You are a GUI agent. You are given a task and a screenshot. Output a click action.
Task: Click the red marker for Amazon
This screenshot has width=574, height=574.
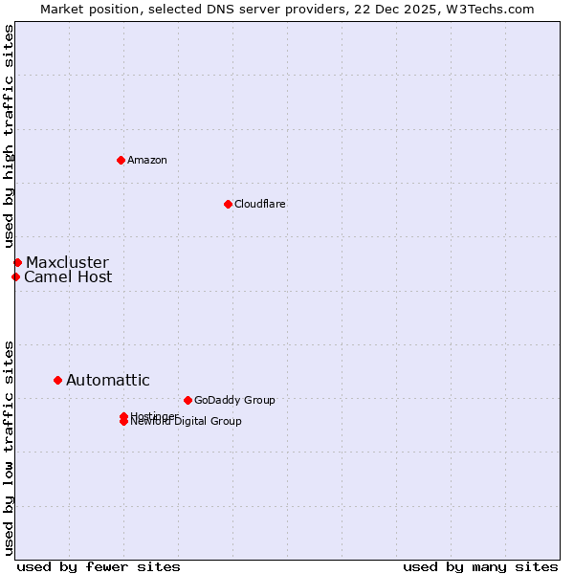tap(121, 160)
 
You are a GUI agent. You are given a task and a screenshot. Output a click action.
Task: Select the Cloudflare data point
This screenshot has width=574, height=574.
tap(228, 204)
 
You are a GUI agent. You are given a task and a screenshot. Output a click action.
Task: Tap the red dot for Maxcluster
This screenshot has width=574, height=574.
tap(17, 262)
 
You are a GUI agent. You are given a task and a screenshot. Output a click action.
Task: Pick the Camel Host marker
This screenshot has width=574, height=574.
tap(15, 276)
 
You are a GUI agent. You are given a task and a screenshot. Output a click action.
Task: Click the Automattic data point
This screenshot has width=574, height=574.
tap(57, 380)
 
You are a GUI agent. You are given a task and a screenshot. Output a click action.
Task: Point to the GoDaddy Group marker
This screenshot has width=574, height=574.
tap(188, 400)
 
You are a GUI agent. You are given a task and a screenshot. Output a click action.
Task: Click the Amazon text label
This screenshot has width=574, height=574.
tap(147, 160)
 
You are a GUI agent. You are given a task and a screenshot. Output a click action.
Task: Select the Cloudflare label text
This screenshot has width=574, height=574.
tap(260, 204)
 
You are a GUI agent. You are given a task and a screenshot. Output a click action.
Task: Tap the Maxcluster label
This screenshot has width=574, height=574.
tap(67, 262)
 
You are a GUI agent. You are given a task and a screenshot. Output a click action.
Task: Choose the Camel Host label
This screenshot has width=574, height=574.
tap(68, 277)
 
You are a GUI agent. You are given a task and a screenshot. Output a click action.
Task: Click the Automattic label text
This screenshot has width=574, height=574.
tap(107, 381)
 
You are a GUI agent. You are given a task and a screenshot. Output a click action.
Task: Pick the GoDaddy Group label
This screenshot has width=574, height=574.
tap(234, 400)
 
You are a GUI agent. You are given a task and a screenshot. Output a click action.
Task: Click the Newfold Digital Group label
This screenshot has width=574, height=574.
tap(188, 422)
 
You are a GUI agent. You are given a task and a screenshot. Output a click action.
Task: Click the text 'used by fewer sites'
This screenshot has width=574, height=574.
tap(99, 566)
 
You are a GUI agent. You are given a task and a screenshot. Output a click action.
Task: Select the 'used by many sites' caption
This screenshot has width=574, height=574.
tap(480, 566)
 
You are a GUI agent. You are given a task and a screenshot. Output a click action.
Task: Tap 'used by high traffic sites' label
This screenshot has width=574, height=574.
tap(10, 137)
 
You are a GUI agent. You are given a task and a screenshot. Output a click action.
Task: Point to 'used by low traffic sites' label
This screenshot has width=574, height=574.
tap(10, 447)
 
